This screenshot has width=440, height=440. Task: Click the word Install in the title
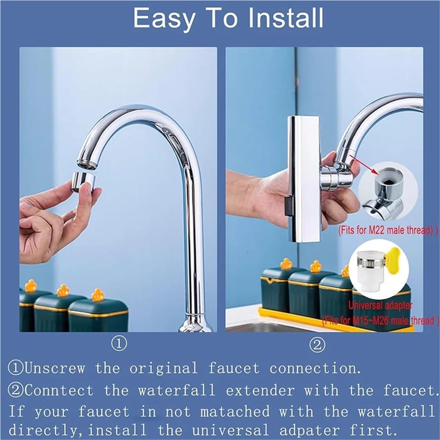pos(274,18)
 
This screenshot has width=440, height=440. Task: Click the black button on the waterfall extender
pos(288,207)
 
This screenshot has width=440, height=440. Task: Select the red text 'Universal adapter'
pos(381,305)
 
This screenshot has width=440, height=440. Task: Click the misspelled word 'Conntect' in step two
pos(59,390)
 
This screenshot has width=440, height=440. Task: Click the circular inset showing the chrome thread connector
pos(387,191)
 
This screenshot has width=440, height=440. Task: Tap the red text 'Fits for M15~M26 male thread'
pos(381,320)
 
